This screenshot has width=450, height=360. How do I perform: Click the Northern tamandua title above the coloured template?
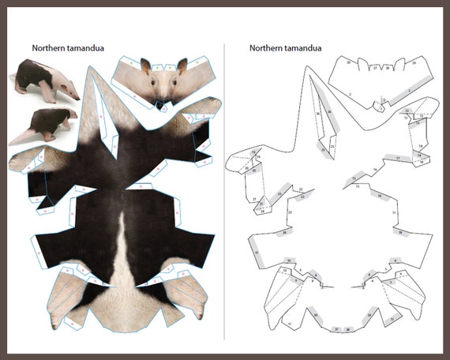[67, 47]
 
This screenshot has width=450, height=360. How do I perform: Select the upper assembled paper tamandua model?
[45, 82]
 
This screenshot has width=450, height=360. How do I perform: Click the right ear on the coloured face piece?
[182, 65]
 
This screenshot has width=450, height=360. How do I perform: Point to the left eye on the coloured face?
[154, 79]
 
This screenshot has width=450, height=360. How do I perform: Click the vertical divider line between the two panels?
[225, 197]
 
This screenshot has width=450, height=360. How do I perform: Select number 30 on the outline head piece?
[348, 62]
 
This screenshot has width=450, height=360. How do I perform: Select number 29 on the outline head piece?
[414, 62]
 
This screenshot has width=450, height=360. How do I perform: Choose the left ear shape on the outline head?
[362, 64]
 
